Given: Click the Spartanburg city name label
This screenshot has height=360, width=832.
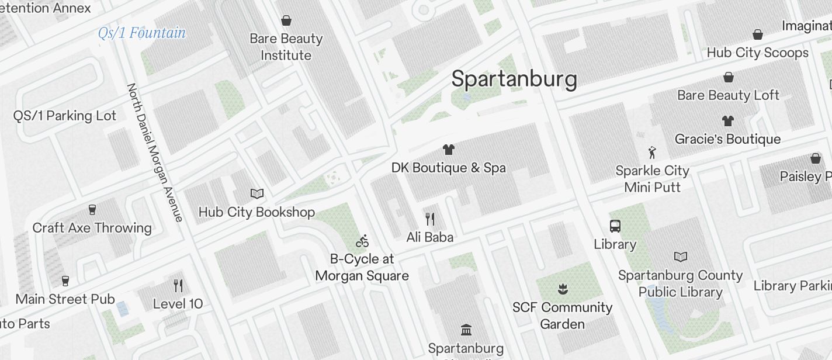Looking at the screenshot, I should [x=514, y=79].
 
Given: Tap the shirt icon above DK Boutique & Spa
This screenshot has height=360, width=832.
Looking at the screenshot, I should [x=448, y=150].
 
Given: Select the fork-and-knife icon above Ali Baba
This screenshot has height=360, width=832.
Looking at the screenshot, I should [x=430, y=219].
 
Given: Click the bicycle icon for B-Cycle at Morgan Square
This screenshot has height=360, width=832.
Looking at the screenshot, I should [x=362, y=241].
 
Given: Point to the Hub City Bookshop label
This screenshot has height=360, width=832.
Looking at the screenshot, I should [x=256, y=212].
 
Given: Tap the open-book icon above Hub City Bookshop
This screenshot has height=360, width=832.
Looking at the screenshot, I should [x=256, y=193].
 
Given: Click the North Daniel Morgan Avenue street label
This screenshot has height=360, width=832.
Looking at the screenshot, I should [x=155, y=153].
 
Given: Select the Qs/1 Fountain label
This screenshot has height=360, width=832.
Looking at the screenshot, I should [x=142, y=33].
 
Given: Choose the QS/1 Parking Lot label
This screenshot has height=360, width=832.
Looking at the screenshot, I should [x=65, y=116].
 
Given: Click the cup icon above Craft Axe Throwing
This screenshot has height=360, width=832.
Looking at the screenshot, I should [x=92, y=209].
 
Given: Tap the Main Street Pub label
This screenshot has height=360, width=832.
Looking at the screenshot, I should [x=65, y=299].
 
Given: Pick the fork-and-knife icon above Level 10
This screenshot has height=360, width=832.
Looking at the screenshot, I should [x=178, y=285].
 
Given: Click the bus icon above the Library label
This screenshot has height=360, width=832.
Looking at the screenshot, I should [x=615, y=226].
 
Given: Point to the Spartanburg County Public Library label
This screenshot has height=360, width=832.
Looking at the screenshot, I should [x=680, y=283].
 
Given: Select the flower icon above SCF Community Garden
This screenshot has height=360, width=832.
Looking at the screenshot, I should [x=562, y=288].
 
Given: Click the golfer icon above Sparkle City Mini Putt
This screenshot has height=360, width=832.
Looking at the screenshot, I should [x=652, y=153].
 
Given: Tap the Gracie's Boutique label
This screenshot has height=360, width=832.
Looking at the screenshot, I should [x=727, y=139].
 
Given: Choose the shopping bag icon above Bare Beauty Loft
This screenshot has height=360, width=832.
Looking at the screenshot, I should [x=729, y=77].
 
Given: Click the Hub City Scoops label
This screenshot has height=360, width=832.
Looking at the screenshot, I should [x=757, y=53].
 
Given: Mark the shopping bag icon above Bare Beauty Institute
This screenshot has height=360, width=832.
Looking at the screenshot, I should [x=286, y=21].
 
